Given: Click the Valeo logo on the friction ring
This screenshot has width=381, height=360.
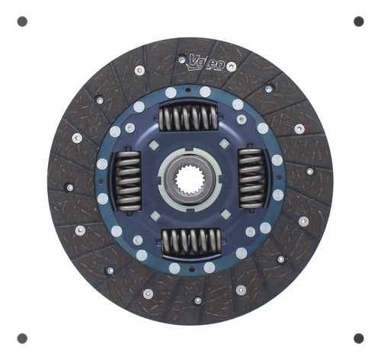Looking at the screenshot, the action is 206,63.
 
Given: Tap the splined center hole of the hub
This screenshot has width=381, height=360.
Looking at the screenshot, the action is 190,181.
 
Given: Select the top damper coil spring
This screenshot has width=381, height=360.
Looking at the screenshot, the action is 188,117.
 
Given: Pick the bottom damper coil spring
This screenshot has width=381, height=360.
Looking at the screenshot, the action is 191,242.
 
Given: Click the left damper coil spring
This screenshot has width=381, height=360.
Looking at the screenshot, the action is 128,181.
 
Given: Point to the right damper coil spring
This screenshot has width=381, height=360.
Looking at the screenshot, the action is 251,178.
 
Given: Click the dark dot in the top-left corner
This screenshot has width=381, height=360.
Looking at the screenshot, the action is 22,21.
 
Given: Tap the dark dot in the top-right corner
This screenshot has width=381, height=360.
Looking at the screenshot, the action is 359,21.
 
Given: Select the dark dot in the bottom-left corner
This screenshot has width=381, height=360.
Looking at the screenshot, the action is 22,339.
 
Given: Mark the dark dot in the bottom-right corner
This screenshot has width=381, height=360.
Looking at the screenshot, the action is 359,339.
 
